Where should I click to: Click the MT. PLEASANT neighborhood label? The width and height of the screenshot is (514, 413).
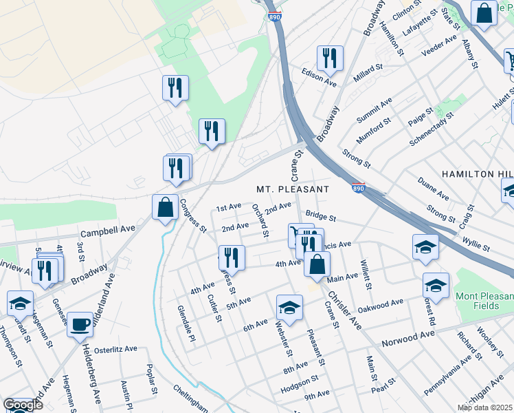click(x=293, y=189)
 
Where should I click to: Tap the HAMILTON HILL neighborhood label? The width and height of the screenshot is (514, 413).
click(x=477, y=174)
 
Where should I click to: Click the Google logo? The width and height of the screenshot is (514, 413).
click(x=23, y=405)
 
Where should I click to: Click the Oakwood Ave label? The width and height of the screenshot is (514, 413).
click(x=381, y=304)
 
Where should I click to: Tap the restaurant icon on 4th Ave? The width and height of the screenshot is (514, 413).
click(x=232, y=257)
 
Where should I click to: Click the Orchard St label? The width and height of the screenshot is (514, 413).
click(x=260, y=221)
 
